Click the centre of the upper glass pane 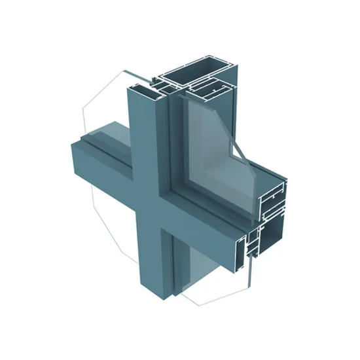[x=208, y=141]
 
